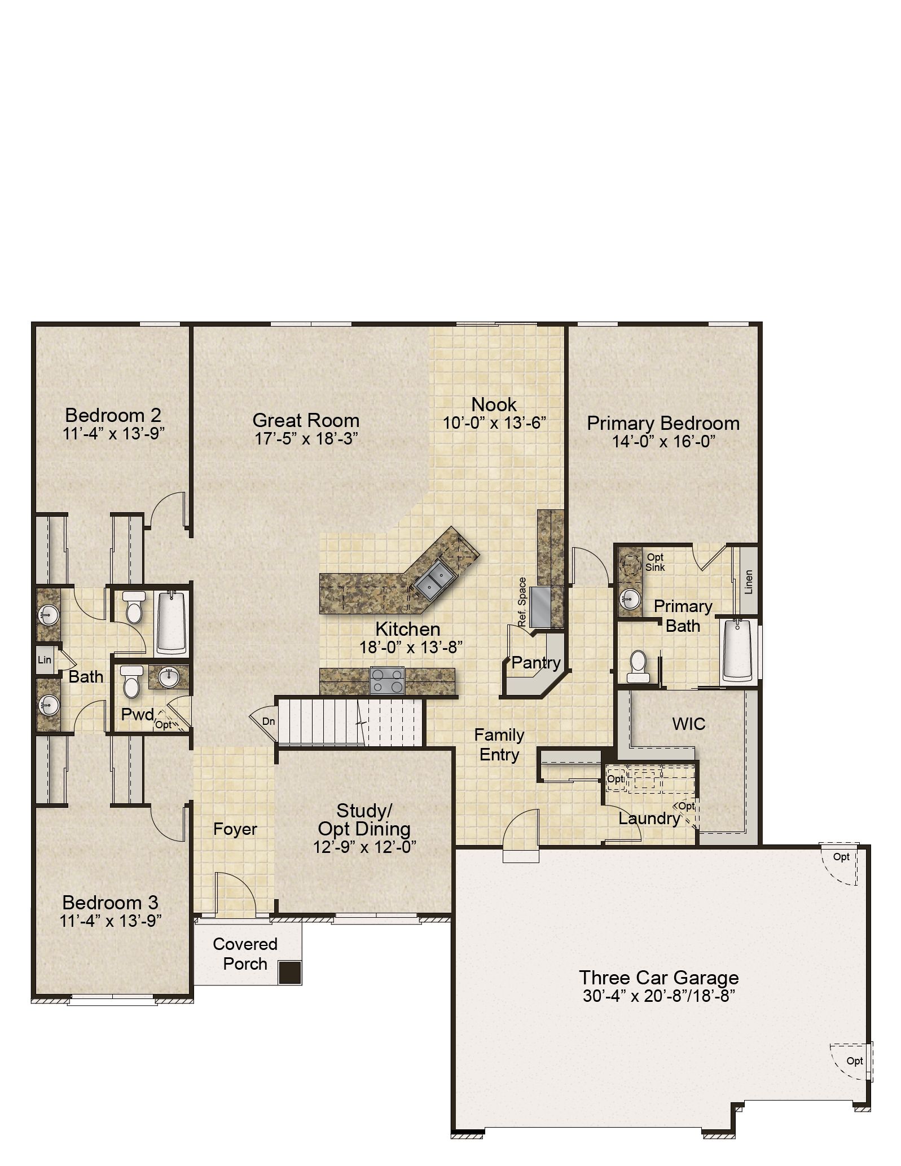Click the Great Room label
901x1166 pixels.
tap(306, 420)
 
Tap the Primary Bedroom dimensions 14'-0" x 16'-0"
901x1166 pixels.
tap(664, 442)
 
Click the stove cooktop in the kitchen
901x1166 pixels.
tap(387, 680)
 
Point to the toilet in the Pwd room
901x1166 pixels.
tap(131, 681)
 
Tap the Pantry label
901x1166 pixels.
tap(536, 663)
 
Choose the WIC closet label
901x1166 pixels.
tap(689, 724)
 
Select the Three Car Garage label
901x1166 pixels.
tap(659, 978)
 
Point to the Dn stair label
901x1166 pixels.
tap(269, 721)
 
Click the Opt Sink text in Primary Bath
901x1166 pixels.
tap(656, 562)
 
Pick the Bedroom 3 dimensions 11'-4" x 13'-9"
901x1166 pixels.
tap(111, 921)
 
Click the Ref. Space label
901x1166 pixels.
tap(522, 602)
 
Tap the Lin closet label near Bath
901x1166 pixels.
tap(45, 659)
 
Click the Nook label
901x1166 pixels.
tap(494, 404)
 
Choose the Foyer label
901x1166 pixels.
tap(235, 829)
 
